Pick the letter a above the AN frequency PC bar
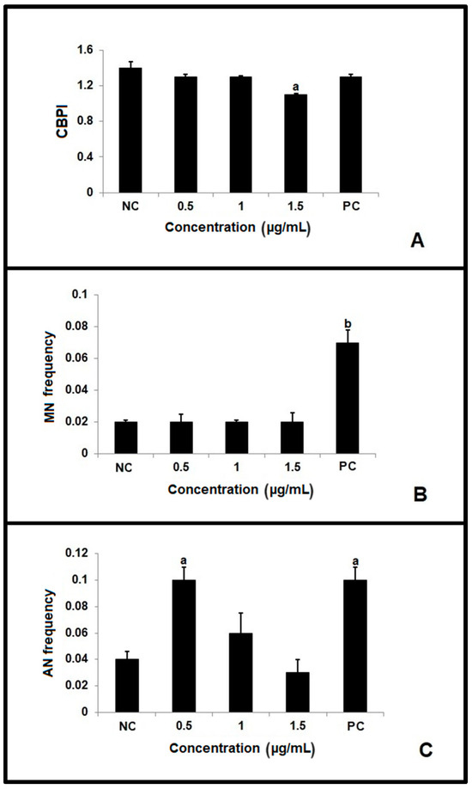(x=348, y=559)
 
